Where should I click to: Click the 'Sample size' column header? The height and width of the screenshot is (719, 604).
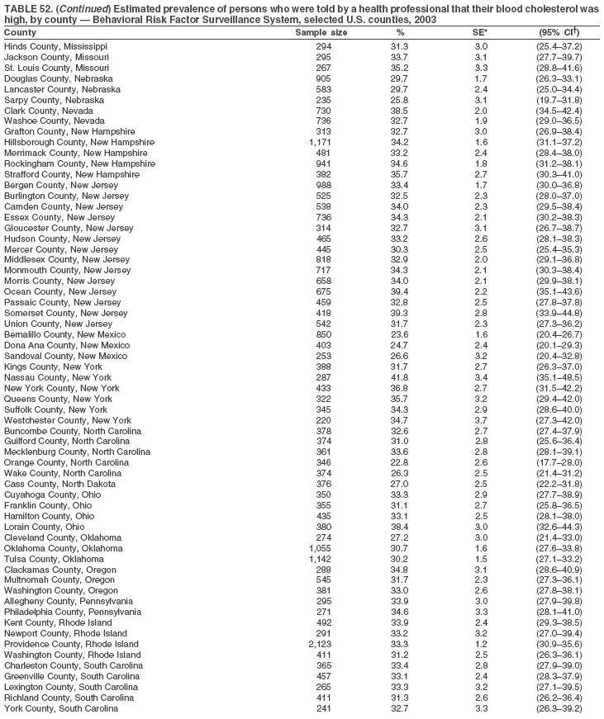point(321,32)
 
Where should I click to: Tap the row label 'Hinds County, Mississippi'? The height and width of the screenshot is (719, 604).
point(55,46)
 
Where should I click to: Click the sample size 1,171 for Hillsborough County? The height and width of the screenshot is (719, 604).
point(319,142)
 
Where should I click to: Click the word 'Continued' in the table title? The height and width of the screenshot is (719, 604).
point(72,7)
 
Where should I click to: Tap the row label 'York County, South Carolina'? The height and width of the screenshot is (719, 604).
point(61,709)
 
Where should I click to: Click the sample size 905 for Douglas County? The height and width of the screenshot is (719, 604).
point(322,78)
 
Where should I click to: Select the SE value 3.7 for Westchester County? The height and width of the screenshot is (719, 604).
point(481,420)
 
